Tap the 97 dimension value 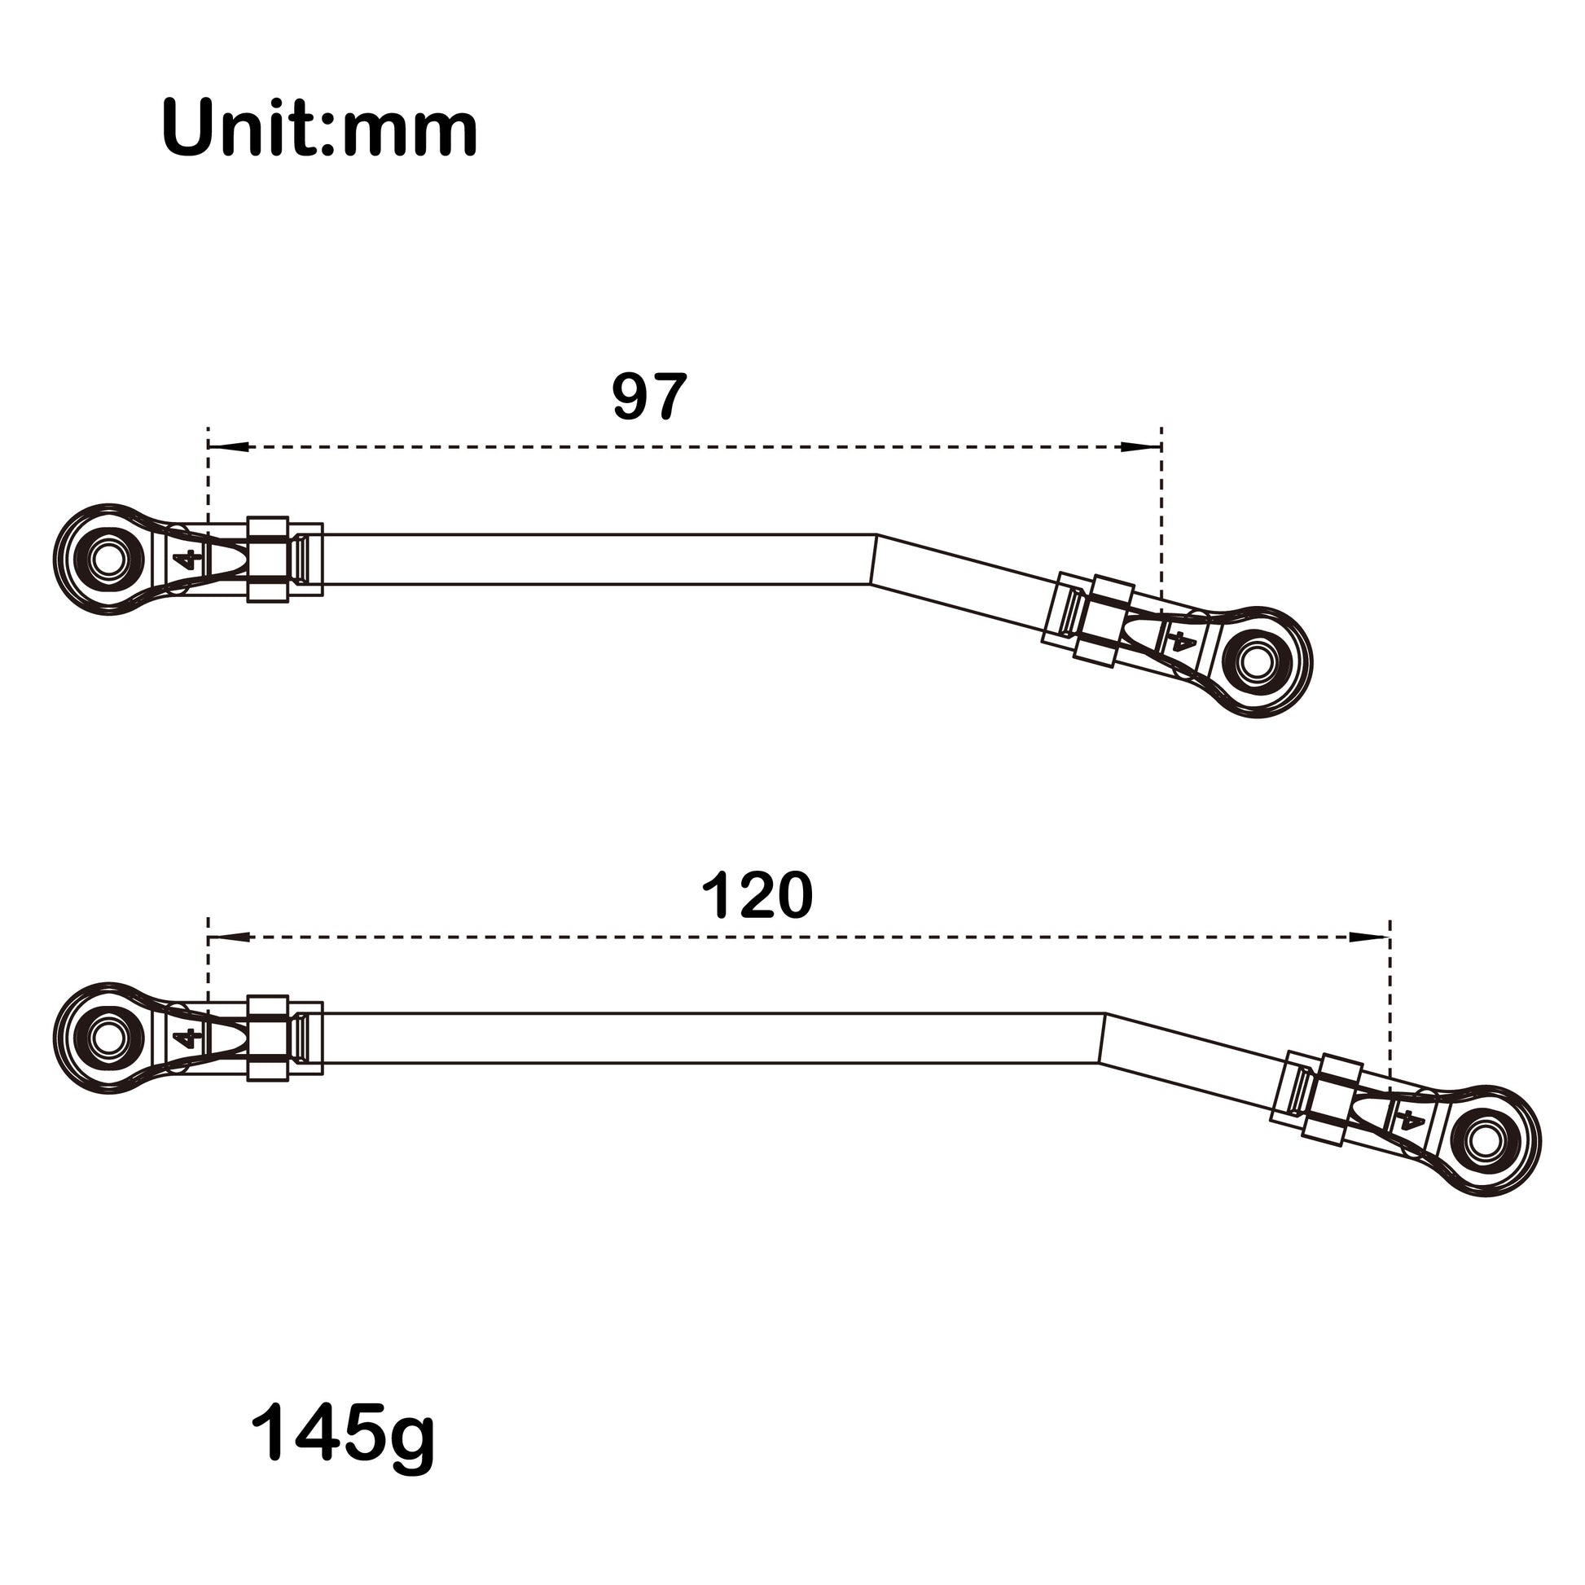pos(649,397)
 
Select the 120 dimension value pos(757,895)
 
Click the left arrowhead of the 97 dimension pos(230,447)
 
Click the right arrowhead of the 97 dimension pos(1140,447)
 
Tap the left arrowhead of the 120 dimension pos(230,937)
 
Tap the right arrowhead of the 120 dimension pos(1368,937)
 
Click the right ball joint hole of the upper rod pos(1257,661)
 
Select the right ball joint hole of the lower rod pos(1485,1140)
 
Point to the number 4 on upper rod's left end pos(188,560)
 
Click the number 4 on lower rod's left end pos(188,1038)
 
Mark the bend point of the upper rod pos(873,560)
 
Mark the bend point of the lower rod pos(1102,1038)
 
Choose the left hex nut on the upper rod pos(267,560)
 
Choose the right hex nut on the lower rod pos(1332,1100)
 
